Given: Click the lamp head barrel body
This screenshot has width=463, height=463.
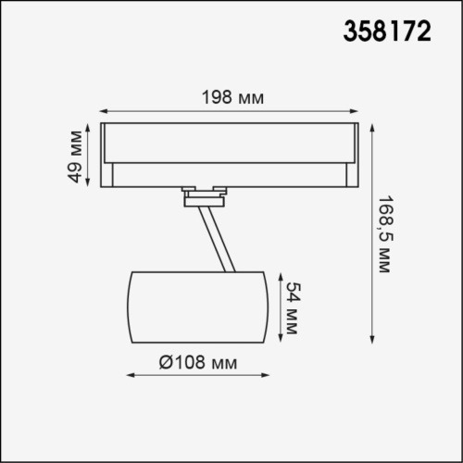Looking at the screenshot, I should (196, 306).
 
